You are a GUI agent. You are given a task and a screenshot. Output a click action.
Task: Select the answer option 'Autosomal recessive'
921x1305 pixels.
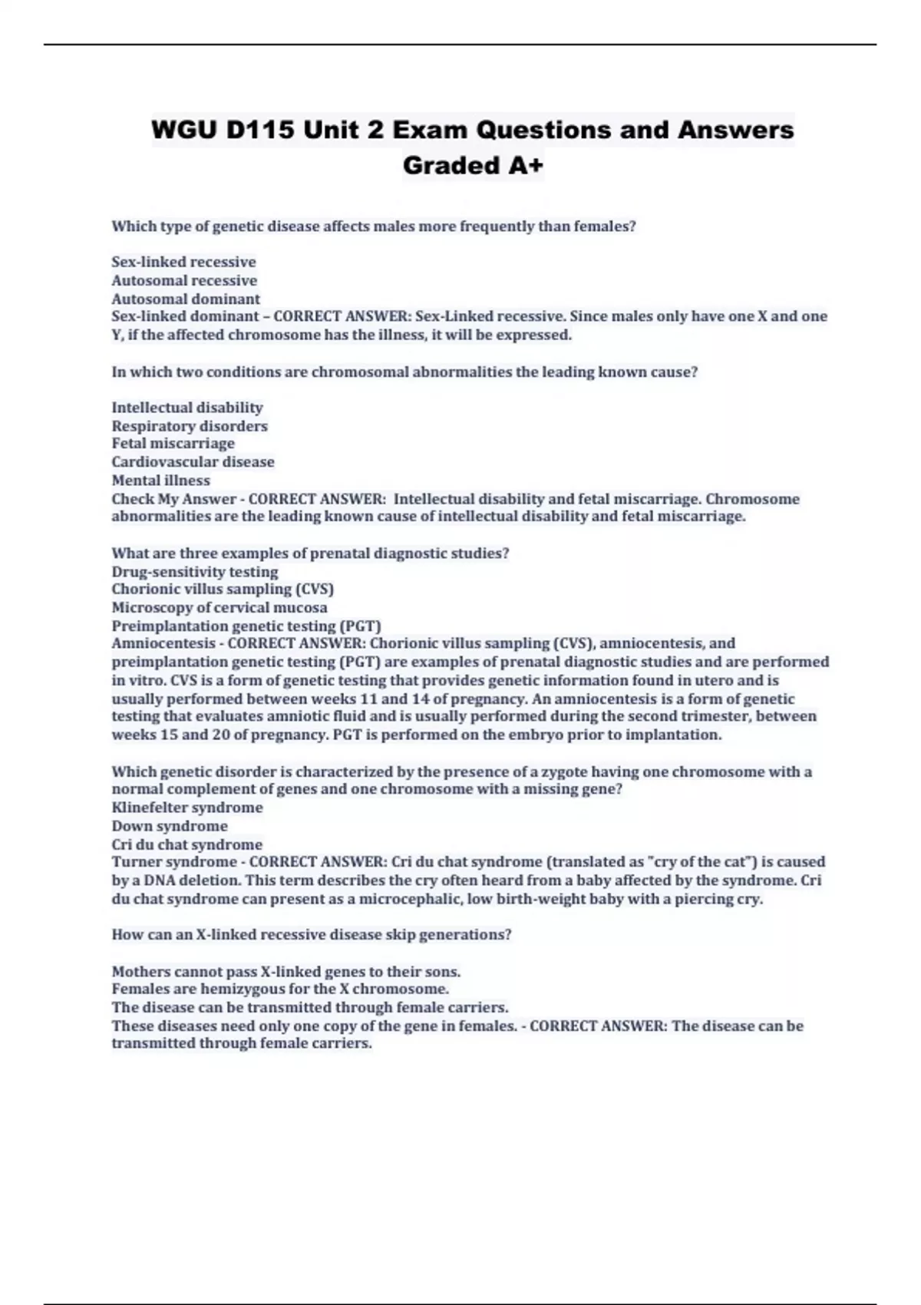point(184,280)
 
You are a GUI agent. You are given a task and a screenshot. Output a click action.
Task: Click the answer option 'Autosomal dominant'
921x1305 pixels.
point(186,299)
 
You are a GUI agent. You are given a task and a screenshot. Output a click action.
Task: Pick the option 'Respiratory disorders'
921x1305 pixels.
point(190,426)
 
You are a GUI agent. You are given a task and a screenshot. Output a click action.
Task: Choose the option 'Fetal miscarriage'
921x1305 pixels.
point(173,444)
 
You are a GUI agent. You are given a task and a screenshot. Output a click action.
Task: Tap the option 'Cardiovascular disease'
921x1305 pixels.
point(193,462)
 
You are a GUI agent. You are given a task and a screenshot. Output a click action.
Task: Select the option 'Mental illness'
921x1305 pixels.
point(160,481)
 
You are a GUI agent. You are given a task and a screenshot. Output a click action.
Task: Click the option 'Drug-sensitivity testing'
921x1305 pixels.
point(195,572)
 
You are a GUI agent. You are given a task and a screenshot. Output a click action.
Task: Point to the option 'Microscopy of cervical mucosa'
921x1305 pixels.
point(219,608)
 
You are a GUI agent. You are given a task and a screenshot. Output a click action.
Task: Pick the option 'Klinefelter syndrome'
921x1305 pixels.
point(187,808)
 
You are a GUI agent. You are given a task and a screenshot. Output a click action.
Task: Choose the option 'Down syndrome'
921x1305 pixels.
point(170,826)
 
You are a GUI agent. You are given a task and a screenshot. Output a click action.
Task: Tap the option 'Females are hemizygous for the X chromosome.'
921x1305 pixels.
point(280,989)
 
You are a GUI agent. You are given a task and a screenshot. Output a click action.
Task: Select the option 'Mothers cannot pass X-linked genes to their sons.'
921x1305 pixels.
point(286,971)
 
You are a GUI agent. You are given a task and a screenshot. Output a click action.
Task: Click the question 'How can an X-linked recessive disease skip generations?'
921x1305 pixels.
point(311,935)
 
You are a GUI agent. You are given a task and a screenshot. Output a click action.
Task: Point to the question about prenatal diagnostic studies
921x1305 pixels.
point(310,553)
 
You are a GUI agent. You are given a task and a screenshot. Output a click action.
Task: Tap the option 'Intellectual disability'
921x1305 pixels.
point(187,408)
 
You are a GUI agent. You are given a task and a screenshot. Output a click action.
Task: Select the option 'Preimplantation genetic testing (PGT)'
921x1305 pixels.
point(246,626)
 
